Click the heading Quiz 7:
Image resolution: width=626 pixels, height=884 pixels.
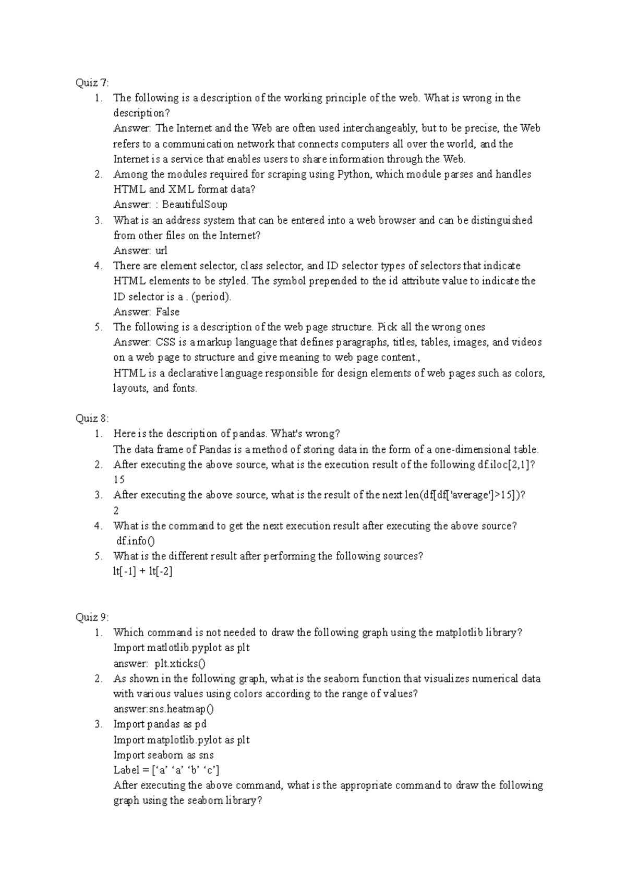[x=92, y=82]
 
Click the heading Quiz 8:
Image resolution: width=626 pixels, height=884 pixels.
[x=92, y=419]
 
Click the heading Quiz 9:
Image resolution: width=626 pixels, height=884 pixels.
[x=92, y=617]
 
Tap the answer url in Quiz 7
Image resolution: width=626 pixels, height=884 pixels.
[x=161, y=250]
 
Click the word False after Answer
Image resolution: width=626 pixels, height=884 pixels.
[x=167, y=312]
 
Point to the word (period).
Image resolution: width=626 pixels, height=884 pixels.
[x=211, y=296]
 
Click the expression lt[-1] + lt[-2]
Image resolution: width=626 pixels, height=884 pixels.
[x=142, y=571]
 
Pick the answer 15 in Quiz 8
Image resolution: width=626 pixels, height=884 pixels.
[x=119, y=480]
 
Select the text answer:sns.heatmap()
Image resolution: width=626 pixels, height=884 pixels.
[x=164, y=709]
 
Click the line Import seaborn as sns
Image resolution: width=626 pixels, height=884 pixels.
[x=163, y=755]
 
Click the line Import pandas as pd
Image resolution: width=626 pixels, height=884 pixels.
[x=160, y=724]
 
